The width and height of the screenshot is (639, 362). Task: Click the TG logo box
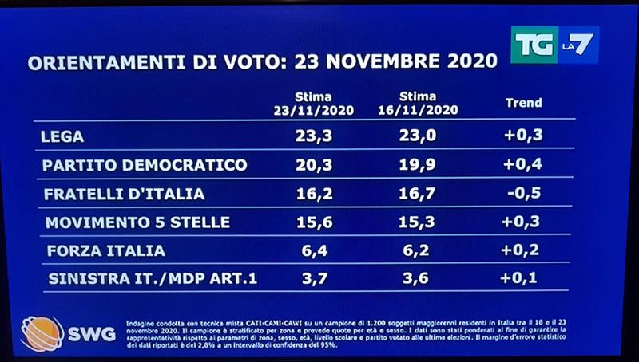(532, 45)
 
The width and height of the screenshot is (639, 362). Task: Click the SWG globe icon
(42, 332)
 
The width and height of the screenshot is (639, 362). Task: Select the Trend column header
(524, 103)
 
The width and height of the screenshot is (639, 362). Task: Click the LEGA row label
(62, 136)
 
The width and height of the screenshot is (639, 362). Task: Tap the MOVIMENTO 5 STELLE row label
(137, 222)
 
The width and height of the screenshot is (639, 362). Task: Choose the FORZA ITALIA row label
(105, 251)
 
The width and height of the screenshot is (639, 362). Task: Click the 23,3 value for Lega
(312, 136)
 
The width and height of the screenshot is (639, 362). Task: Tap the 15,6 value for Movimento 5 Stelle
(312, 222)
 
